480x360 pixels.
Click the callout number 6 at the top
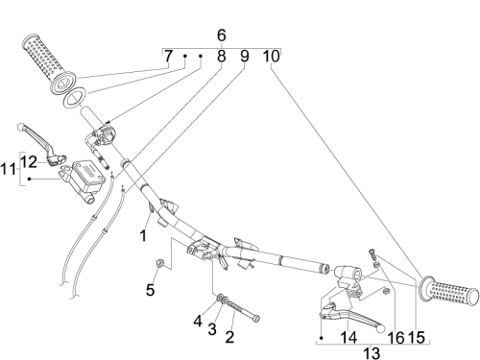click(221, 36)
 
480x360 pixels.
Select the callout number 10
click(271, 57)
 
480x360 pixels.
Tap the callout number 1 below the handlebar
click(143, 236)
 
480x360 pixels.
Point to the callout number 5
click(150, 290)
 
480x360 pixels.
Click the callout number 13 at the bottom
click(372, 353)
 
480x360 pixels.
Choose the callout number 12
click(29, 162)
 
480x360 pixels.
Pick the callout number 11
click(8, 169)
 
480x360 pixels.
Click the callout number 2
click(229, 337)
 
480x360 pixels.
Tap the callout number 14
click(348, 337)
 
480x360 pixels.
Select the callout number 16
click(396, 338)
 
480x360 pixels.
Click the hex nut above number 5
click(159, 263)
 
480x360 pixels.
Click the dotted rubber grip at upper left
click(49, 63)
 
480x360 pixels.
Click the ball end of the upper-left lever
click(21, 127)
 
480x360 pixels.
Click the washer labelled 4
click(220, 298)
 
